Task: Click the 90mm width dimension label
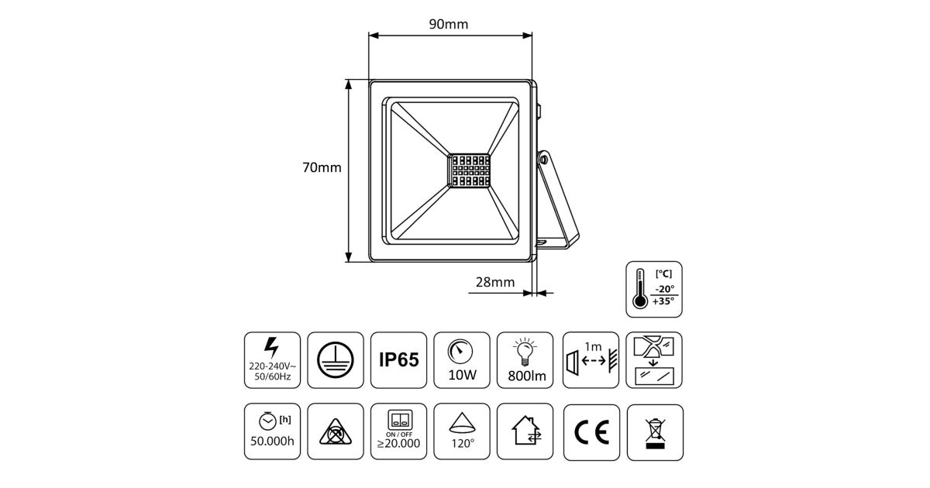(x=449, y=24)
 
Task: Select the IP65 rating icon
(x=399, y=360)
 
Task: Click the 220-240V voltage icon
(x=272, y=360)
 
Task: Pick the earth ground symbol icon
(x=336, y=360)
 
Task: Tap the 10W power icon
(x=463, y=360)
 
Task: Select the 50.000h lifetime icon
(x=272, y=431)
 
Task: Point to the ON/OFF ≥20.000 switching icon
(x=399, y=431)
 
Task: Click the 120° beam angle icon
(x=463, y=431)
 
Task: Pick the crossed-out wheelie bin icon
(x=655, y=431)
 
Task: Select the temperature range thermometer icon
(x=655, y=289)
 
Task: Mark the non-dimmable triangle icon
(x=336, y=431)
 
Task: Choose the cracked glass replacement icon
(x=655, y=360)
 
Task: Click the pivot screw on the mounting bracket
(x=544, y=160)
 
